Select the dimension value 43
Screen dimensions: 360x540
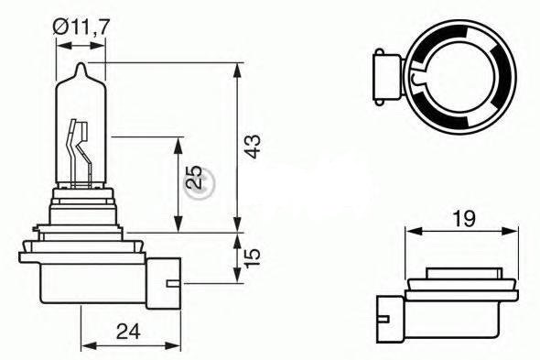(254, 147)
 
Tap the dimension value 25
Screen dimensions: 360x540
(193, 178)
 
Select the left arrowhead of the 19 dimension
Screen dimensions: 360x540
(409, 231)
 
